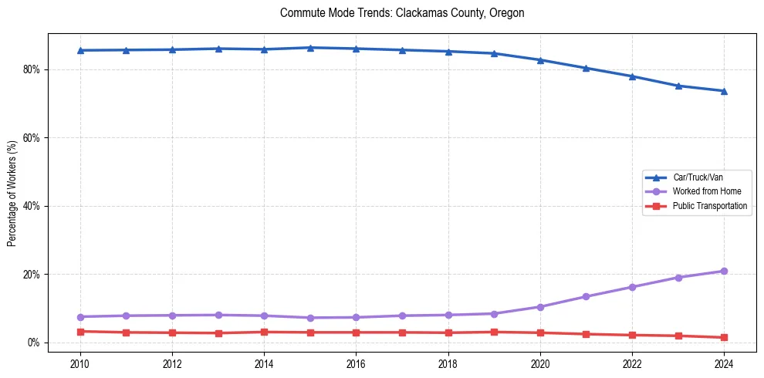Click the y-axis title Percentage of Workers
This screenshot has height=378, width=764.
[x=12, y=194]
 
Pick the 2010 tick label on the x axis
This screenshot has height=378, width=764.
[x=80, y=363]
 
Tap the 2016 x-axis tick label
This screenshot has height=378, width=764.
[x=356, y=363]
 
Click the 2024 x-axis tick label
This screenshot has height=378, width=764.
[x=724, y=363]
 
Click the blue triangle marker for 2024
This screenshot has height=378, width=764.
[x=724, y=91]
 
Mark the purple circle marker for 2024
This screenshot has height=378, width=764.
[x=724, y=271]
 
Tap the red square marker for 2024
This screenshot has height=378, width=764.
[x=724, y=337]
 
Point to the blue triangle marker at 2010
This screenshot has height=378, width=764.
[x=80, y=50]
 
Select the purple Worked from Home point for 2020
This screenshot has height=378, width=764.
[x=540, y=307]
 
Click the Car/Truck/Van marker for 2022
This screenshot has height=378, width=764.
[x=632, y=76]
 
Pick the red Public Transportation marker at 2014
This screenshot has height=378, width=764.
[x=264, y=332]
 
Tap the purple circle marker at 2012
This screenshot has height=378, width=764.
[x=172, y=316]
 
